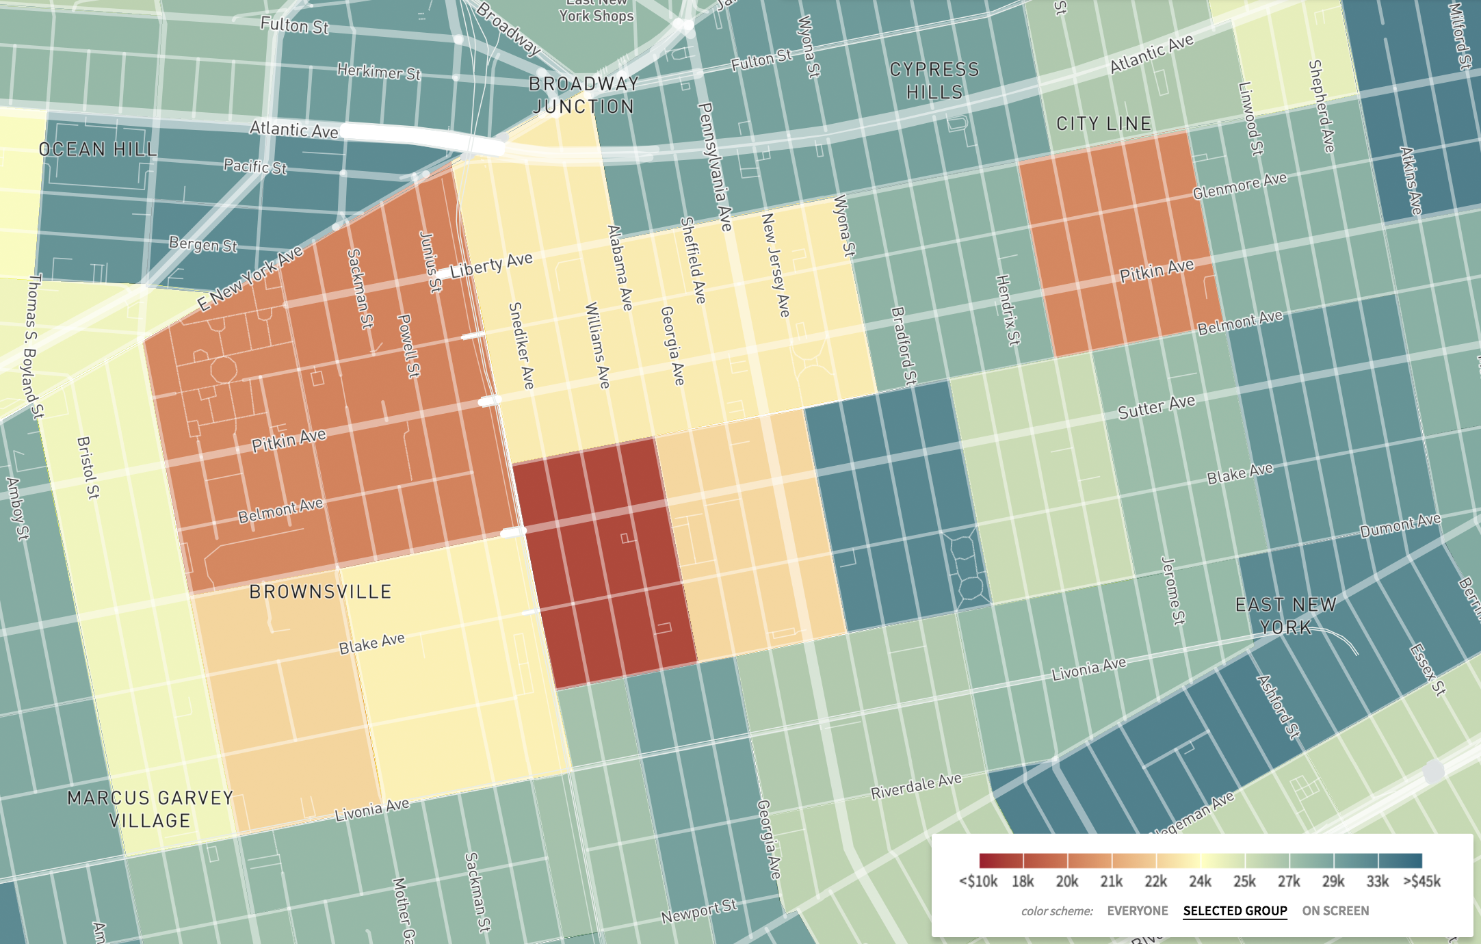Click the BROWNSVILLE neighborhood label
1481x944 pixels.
point(320,592)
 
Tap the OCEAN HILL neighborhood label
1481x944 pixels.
point(98,149)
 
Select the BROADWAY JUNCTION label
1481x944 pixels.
point(584,95)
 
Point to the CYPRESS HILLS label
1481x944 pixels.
point(934,81)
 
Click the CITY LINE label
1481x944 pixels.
point(1103,124)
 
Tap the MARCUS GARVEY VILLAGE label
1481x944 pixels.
point(150,809)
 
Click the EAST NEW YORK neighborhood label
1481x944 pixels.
point(1285,616)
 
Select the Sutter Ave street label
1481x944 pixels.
point(1156,407)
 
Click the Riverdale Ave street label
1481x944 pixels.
point(916,787)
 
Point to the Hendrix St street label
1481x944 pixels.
point(1008,310)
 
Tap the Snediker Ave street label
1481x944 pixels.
point(521,345)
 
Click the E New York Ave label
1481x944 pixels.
point(250,278)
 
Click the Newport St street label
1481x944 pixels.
point(699,911)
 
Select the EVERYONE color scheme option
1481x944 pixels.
point(1138,911)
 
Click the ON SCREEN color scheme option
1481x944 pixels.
point(1335,911)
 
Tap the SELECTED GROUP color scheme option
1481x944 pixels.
point(1235,911)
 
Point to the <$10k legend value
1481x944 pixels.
point(978,882)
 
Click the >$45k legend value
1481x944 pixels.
point(1422,882)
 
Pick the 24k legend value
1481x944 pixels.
point(1200,882)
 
